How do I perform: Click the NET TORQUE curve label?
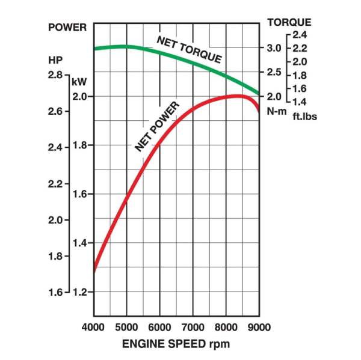point(189,50)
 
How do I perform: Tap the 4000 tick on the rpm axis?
point(93,328)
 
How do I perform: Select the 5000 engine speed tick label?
point(126,328)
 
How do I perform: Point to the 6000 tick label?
point(159,328)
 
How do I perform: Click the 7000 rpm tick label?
point(193,328)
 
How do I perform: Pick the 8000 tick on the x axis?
point(226,328)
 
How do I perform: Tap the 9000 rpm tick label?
point(259,328)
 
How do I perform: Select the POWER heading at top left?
point(67,27)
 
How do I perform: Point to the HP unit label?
point(55,60)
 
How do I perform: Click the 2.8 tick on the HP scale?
point(55,75)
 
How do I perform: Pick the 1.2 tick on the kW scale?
point(80,292)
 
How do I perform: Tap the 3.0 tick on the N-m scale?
point(274,48)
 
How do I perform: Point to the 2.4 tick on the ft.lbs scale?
point(300,34)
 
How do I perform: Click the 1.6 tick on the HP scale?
point(55,293)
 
